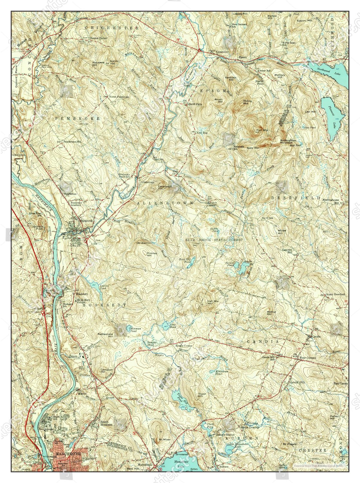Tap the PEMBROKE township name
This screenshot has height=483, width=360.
[78, 118]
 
